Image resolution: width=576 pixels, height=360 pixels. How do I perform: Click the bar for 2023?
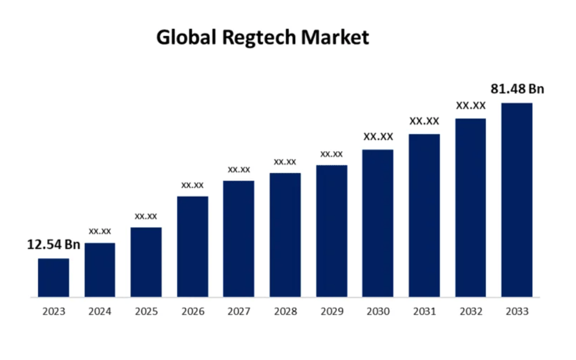tap(53, 277)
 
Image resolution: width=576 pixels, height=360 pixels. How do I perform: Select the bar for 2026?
tap(192, 247)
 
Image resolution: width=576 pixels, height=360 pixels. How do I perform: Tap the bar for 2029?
tap(332, 231)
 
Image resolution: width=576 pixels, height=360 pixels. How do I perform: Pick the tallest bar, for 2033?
tap(517, 200)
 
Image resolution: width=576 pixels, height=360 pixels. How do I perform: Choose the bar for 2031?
tap(424, 216)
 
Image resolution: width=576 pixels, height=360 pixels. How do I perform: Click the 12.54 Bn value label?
tap(53, 245)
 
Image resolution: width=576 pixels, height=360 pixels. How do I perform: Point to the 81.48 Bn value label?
tap(517, 89)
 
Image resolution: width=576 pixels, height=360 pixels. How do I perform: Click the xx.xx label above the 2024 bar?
tap(100, 232)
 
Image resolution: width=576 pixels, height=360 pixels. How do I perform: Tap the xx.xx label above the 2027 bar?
tap(239, 169)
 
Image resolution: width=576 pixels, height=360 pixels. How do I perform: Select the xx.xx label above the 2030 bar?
tap(378, 137)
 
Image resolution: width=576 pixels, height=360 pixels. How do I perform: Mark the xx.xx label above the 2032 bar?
tap(471, 106)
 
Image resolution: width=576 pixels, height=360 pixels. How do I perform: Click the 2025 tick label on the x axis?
tap(146, 312)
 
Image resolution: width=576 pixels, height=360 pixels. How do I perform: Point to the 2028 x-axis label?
tap(285, 312)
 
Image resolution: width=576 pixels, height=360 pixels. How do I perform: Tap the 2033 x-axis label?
tap(517, 312)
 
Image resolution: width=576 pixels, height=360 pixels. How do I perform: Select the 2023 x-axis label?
tap(53, 312)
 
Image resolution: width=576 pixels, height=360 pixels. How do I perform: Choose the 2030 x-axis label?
tap(378, 312)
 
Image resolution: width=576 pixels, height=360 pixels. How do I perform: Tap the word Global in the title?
tap(186, 37)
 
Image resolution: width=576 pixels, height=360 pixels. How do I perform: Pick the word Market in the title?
tap(335, 37)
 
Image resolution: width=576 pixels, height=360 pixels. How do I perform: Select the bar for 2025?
tap(146, 262)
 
